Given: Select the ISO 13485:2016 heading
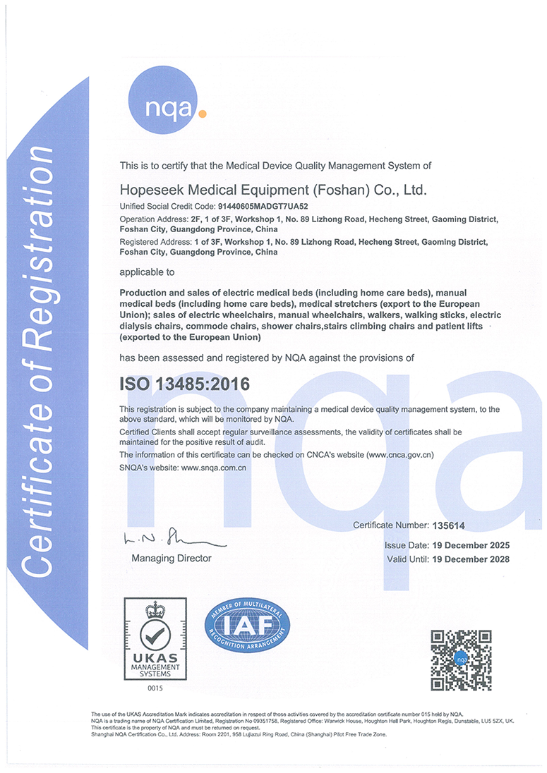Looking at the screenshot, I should (x=184, y=384).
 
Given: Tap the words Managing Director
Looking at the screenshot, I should (x=171, y=558).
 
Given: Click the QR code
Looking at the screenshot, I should (x=461, y=660).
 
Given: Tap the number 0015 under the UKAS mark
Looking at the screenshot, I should (x=155, y=687).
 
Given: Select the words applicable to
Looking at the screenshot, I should (x=146, y=272).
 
